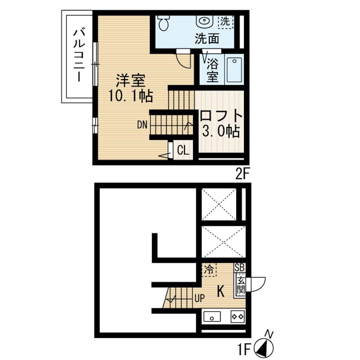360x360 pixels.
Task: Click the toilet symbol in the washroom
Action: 164,22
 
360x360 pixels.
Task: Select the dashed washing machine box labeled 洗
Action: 225,22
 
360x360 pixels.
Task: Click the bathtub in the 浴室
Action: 234,70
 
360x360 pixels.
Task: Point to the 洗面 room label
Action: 207,39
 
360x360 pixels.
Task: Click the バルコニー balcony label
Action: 79,55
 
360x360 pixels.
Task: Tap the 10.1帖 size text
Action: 130,96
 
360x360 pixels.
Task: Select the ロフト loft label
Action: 221,116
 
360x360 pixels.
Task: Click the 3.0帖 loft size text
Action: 221,131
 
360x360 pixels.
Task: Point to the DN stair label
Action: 142,125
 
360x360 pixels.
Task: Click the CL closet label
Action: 183,151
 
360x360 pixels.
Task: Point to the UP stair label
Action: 199,298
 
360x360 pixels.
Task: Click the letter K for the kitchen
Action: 220,292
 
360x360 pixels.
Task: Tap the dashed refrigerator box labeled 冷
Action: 209,270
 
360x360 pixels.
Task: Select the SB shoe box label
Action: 240,267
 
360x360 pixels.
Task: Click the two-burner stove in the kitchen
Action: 238,317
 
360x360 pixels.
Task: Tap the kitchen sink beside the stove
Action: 212,317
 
